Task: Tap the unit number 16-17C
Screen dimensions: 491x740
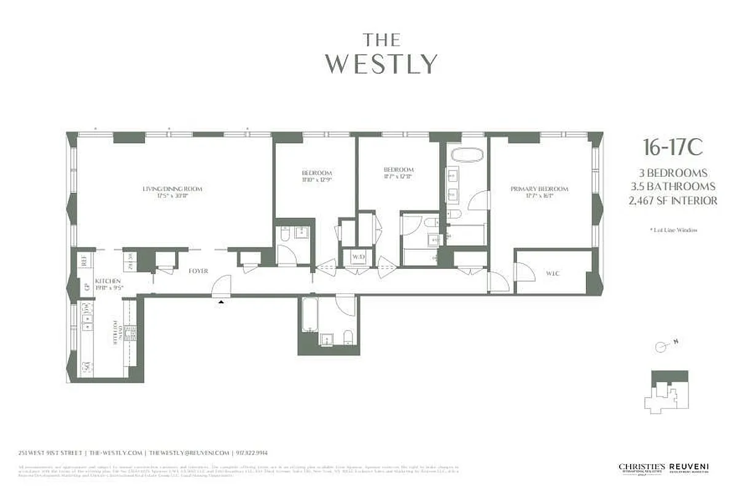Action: (x=672, y=148)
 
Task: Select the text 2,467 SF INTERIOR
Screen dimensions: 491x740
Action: (x=673, y=201)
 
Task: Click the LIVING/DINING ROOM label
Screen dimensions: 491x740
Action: (x=172, y=189)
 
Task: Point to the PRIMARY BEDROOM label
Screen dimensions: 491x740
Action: (x=539, y=189)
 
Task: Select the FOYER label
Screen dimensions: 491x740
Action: (x=198, y=271)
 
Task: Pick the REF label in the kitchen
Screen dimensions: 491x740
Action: (x=82, y=261)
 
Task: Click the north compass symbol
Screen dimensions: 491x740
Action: (x=663, y=346)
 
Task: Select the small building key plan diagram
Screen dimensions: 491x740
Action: (x=669, y=392)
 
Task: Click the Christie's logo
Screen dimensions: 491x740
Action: (x=642, y=468)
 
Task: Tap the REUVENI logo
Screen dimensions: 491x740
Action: (x=688, y=468)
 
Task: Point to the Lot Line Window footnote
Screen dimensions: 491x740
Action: (x=673, y=230)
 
